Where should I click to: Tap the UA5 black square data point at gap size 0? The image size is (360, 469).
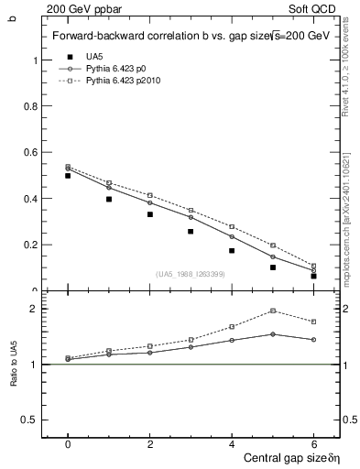click(x=68, y=175)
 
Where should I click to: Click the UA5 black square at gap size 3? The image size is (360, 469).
click(x=191, y=231)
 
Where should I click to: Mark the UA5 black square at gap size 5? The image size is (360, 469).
click(x=273, y=267)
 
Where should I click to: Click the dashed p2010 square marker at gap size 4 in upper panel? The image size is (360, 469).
click(x=232, y=226)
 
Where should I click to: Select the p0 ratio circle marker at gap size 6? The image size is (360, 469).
click(x=314, y=340)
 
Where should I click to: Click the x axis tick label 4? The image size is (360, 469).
click(x=232, y=443)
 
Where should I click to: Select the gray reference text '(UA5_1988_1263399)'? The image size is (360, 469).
click(x=191, y=274)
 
